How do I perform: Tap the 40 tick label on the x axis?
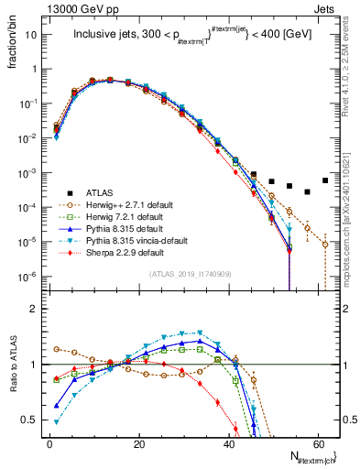click(x=228, y=443)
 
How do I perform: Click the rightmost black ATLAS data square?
click(x=325, y=180)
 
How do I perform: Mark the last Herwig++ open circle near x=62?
click(x=325, y=245)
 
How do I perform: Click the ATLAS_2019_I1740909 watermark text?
click(x=191, y=274)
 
